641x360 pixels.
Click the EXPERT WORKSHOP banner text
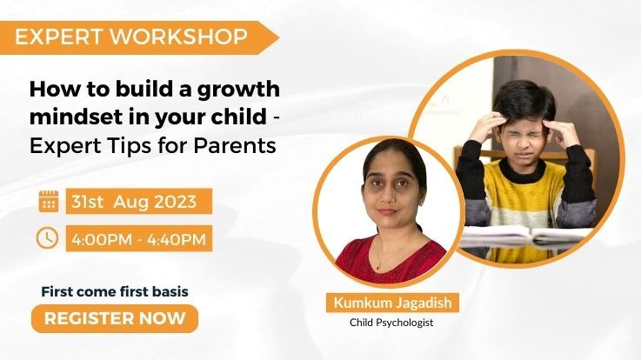pyautogui.click(x=130, y=37)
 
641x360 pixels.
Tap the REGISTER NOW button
pyautogui.click(x=115, y=318)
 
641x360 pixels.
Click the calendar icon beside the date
pyautogui.click(x=49, y=200)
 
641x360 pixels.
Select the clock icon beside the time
pyautogui.click(x=48, y=237)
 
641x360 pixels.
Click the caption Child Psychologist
pyautogui.click(x=391, y=323)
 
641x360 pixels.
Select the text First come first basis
pyautogui.click(x=115, y=291)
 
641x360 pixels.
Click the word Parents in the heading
pyautogui.click(x=238, y=145)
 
